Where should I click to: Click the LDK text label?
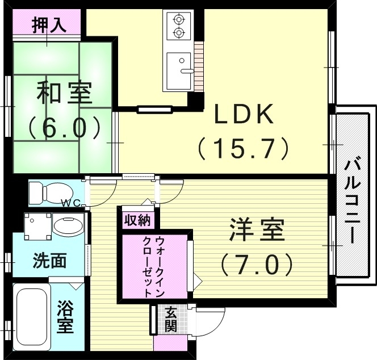244,115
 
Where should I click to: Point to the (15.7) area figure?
244,149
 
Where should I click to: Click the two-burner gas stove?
177,26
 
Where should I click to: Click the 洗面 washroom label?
49,262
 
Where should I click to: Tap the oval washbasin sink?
68,227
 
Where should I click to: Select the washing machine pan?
37,226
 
